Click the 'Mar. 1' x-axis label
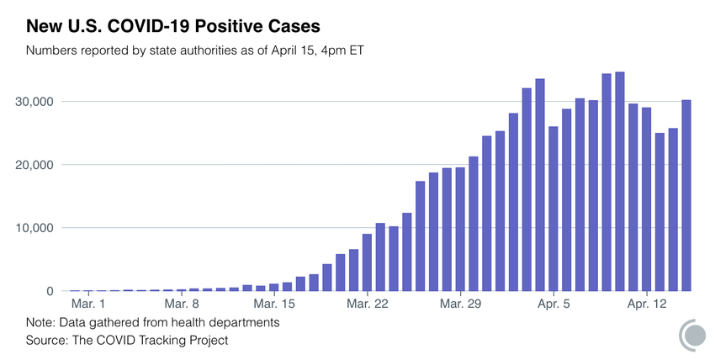[88, 304]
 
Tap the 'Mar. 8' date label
[181, 304]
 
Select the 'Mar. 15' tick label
[273, 304]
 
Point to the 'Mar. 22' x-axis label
[367, 304]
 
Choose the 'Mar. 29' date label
[459, 304]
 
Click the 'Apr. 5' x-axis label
[553, 304]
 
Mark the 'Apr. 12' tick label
[646, 304]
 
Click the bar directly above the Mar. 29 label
[460, 230]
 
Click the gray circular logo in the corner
[692, 334]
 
